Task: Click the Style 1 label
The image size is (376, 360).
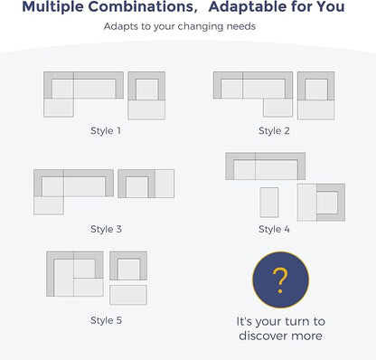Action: click(x=106, y=131)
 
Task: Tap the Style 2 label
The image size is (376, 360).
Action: click(x=274, y=131)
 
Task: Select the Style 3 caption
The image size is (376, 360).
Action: click(x=106, y=229)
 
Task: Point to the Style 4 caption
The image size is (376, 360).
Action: click(x=274, y=229)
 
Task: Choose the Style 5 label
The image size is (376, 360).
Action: click(x=106, y=320)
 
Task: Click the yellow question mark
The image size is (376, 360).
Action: click(x=280, y=280)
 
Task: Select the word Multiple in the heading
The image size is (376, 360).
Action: click(x=52, y=6)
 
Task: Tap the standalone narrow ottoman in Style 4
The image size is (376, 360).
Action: click(x=269, y=203)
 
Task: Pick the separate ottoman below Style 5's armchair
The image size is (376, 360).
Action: click(x=128, y=295)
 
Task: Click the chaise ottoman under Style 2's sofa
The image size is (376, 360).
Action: click(x=277, y=108)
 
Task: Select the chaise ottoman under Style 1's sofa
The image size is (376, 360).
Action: click(x=59, y=108)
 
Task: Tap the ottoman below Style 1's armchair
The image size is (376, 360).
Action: click(x=146, y=109)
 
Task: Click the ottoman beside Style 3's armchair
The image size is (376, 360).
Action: click(x=164, y=184)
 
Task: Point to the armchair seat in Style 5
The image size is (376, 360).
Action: click(x=128, y=269)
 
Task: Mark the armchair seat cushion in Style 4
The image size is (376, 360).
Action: click(x=327, y=203)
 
